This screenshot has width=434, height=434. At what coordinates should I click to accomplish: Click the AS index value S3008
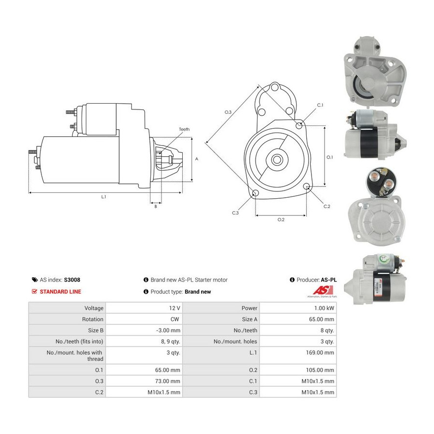point(72,280)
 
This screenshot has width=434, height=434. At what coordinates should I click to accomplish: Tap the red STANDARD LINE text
point(60,292)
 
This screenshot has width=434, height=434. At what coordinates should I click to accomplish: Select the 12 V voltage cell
point(175,308)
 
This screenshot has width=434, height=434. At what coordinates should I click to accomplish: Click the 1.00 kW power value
point(324,308)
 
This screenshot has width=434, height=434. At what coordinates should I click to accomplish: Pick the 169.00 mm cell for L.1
point(320,353)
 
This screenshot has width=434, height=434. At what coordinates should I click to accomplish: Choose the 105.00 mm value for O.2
point(320,370)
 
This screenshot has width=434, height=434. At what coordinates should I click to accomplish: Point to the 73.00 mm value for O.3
point(167,381)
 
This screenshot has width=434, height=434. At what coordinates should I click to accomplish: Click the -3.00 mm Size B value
point(168,330)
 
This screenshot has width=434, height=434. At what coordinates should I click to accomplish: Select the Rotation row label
point(93,319)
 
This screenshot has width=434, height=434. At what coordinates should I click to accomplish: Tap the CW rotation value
point(175,319)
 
